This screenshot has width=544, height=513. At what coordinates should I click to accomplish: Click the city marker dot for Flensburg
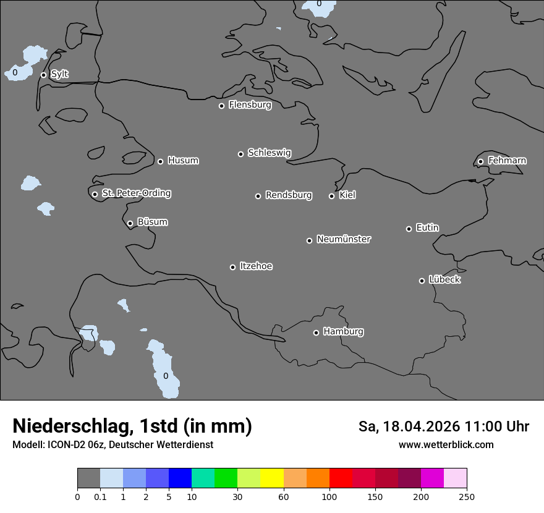click(x=221, y=106)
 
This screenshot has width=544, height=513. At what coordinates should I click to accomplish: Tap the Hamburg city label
click(x=343, y=331)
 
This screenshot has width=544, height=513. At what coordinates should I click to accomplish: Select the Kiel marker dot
click(x=331, y=196)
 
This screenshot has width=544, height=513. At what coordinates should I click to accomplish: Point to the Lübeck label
click(x=444, y=279)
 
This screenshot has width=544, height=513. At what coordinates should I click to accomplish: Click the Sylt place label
click(x=59, y=74)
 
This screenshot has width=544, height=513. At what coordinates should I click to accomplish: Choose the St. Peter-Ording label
click(x=136, y=193)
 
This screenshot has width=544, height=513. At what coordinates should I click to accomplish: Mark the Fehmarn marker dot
click(x=480, y=161)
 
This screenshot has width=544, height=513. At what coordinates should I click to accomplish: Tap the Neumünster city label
click(x=344, y=239)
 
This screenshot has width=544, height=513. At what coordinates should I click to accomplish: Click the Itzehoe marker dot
click(x=232, y=267)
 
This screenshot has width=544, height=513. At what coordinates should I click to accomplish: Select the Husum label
click(x=183, y=161)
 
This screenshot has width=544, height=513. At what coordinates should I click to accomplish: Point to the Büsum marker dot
click(x=130, y=223)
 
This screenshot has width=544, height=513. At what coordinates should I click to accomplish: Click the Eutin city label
click(x=427, y=227)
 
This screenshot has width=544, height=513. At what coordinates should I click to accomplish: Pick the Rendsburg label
click(x=289, y=195)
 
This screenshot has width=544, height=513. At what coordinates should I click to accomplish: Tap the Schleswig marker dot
click(x=240, y=154)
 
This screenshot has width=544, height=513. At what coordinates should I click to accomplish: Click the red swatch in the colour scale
click(x=341, y=478)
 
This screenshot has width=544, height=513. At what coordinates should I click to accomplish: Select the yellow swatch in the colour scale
click(x=272, y=478)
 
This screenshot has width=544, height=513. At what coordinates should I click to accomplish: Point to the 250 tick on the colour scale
click(x=467, y=496)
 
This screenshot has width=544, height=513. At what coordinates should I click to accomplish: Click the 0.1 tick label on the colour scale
click(x=100, y=496)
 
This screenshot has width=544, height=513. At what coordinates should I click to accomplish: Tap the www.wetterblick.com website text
click(x=446, y=444)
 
